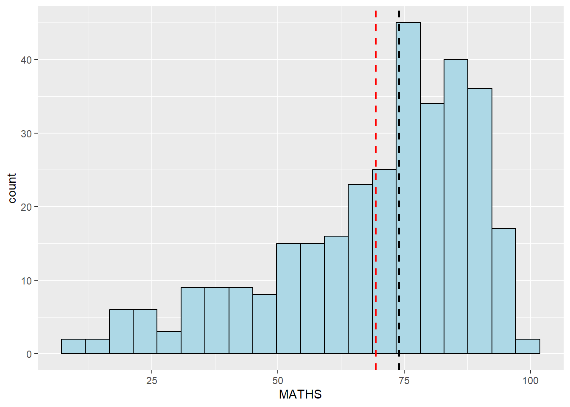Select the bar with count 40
tap(456, 208)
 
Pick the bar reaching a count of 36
tap(480, 220)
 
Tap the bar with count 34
tap(432, 229)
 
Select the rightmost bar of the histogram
tap(528, 346)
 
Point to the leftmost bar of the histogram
tap(73, 346)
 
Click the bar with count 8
tap(265, 324)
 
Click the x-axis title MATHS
tap(300, 394)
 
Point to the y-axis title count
tap(12, 188)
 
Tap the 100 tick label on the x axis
tap(530, 380)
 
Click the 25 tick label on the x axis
tap(151, 380)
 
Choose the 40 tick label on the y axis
tap(26, 60)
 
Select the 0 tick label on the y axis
tap(29, 354)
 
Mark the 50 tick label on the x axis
tap(277, 380)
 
